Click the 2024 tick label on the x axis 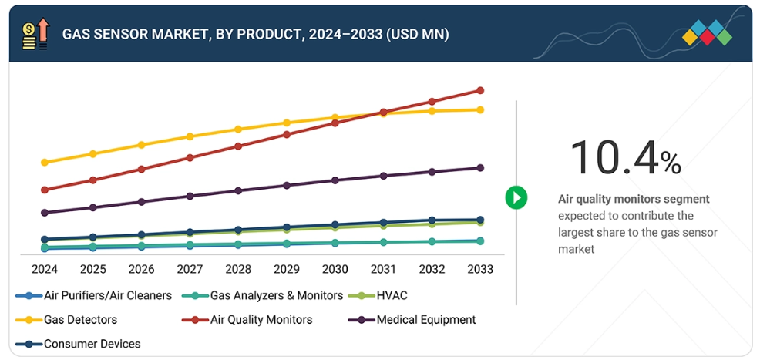click(x=45, y=269)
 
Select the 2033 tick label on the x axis click(x=479, y=269)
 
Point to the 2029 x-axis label click(x=286, y=269)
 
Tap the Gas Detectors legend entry click(x=80, y=319)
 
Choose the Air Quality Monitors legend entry click(x=261, y=319)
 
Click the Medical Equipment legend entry click(x=426, y=319)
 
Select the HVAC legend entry click(x=391, y=295)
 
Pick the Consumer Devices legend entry click(x=92, y=344)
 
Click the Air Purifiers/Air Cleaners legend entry click(x=107, y=295)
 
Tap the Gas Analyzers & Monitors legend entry click(x=276, y=295)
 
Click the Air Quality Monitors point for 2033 click(x=480, y=90)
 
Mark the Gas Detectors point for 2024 click(x=45, y=163)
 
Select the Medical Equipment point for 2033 click(x=480, y=168)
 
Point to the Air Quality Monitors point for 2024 click(x=45, y=190)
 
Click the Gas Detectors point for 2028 click(x=238, y=129)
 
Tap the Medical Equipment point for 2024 click(x=45, y=213)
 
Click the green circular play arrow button click(x=516, y=197)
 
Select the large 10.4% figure click(x=624, y=158)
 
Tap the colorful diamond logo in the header click(x=707, y=33)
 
